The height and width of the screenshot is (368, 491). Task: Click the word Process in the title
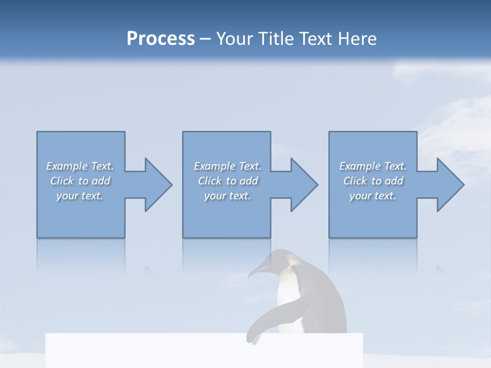161,39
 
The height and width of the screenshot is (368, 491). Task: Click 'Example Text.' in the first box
80,166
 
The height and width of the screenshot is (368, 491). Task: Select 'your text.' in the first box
80,196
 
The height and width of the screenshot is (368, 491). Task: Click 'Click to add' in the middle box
228,181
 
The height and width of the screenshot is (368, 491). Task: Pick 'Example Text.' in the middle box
228,166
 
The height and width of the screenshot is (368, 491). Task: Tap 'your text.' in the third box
373,196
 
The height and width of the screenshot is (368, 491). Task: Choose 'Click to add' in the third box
373,181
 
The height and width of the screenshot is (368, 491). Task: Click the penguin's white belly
286,302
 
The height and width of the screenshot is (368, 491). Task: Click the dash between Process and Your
205,39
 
